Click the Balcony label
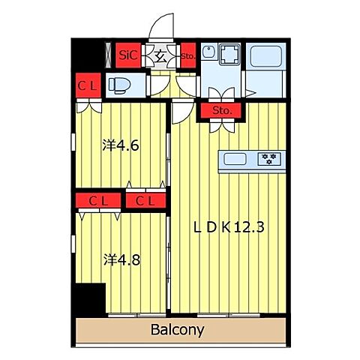click(177, 330)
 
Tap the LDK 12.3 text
click(229, 227)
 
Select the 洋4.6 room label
click(121, 145)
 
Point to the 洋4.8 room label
click(122, 260)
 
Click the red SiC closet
click(128, 55)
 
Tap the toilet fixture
click(119, 85)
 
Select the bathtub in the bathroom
click(265, 56)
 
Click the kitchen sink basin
click(235, 159)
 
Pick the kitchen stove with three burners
click(269, 159)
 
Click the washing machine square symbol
click(229, 54)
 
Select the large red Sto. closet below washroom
click(221, 110)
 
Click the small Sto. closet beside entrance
click(188, 55)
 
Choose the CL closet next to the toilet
click(88, 85)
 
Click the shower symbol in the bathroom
click(250, 94)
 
